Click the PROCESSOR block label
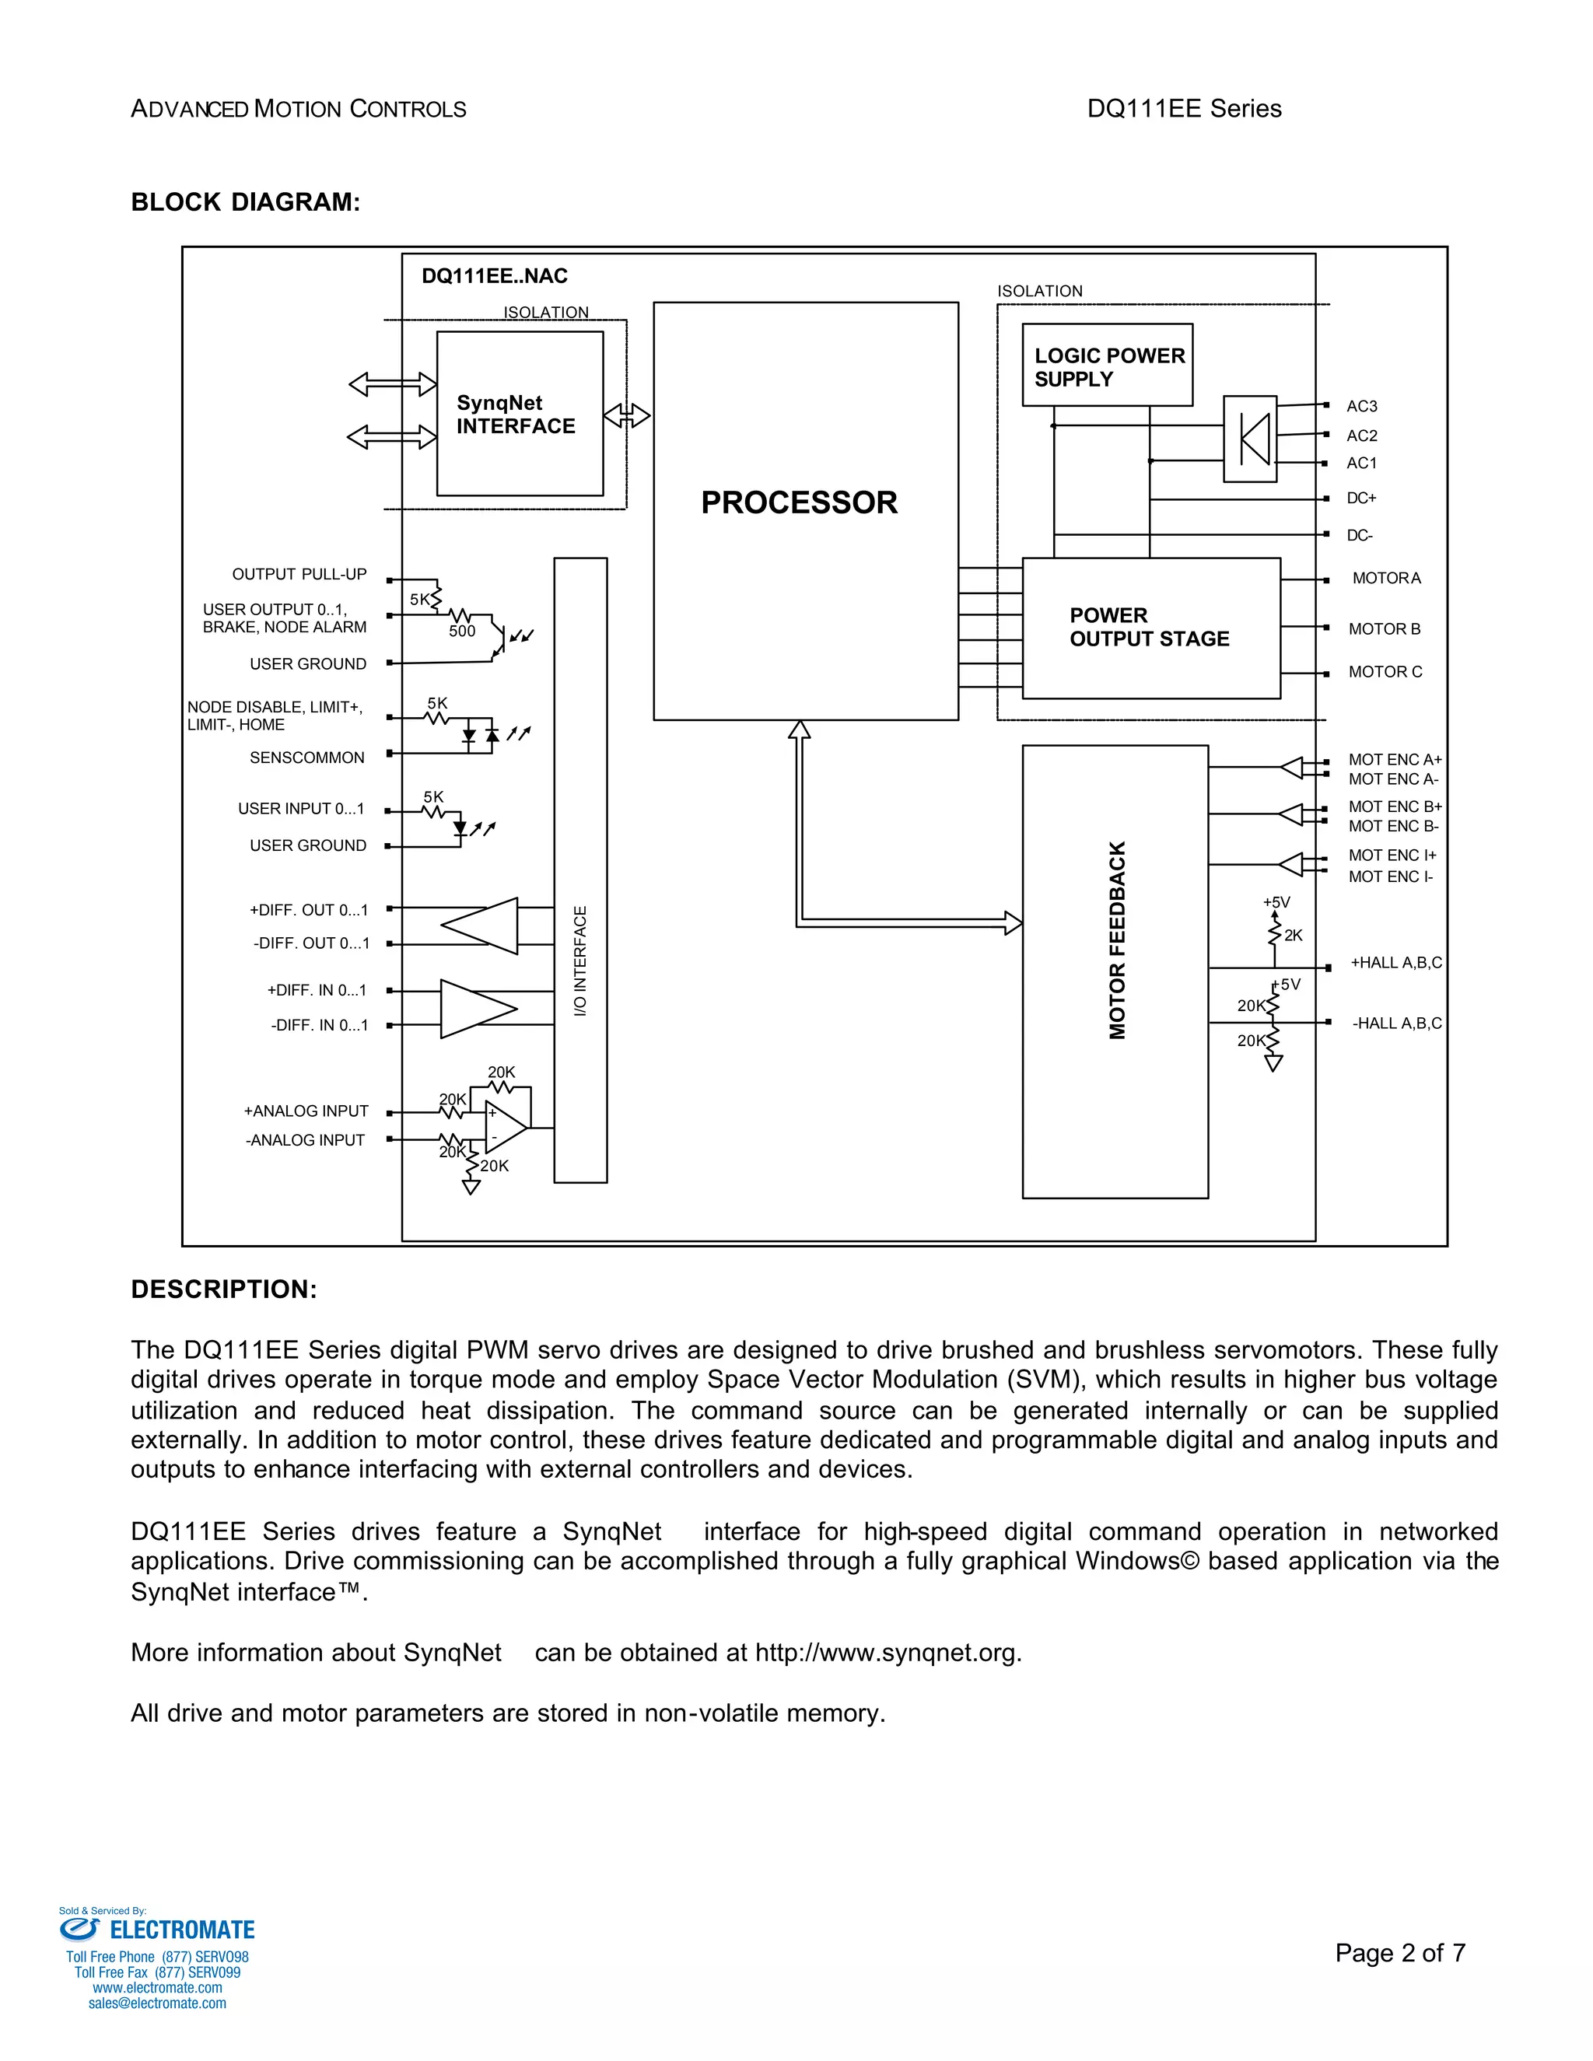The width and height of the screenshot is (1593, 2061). pos(798,502)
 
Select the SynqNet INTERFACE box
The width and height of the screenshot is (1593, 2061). pos(519,413)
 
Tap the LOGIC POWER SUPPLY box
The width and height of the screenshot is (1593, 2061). pos(1107,366)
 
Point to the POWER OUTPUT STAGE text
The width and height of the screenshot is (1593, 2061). pos(1149,627)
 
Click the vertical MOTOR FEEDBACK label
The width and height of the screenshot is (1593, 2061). pos(1118,940)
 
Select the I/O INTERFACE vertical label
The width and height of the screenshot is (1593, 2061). pos(580,961)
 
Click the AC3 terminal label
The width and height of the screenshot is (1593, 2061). pos(1361,406)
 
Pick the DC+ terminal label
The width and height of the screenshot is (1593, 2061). pos(1361,499)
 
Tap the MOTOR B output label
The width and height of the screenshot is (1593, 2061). pos(1384,628)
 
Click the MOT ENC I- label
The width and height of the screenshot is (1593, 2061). pos(1390,877)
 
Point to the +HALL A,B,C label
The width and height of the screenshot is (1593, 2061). pos(1395,963)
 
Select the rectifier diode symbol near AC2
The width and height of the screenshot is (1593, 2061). pos(1252,439)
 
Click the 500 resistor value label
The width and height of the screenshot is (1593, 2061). pos(461,632)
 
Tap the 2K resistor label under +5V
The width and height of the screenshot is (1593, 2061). pos(1293,935)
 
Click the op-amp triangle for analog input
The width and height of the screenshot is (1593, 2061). pos(505,1127)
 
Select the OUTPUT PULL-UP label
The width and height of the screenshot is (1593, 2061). pos(299,574)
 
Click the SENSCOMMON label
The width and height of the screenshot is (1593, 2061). pos(306,758)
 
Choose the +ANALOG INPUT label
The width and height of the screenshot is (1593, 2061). pos(306,1111)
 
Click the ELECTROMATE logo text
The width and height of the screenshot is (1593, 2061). pos(181,1930)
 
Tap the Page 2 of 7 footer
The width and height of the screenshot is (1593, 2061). pos(1399,1952)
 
